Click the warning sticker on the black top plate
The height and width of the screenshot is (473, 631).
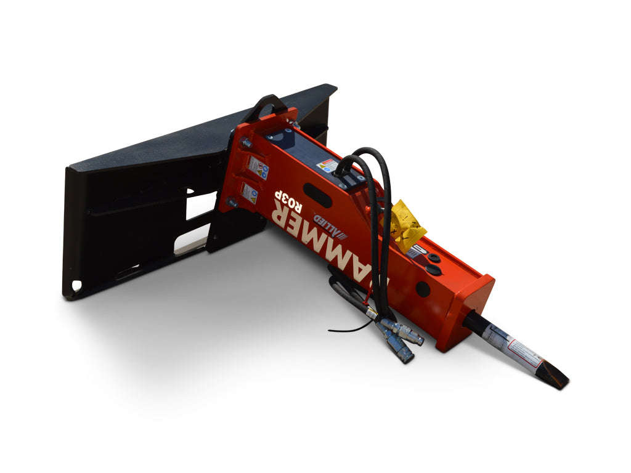pos(328,165)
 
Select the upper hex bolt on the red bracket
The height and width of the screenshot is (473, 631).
pos(246,144)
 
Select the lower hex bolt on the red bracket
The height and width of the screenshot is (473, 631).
pos(232,201)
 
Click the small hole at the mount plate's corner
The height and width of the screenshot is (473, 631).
pos(76,286)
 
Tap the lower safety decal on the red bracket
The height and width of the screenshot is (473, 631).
pos(250,193)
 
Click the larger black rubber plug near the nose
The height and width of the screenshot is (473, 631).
pos(433,270)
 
